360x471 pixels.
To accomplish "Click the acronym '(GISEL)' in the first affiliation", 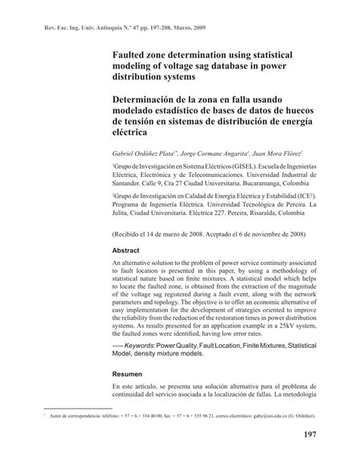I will [231, 165].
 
